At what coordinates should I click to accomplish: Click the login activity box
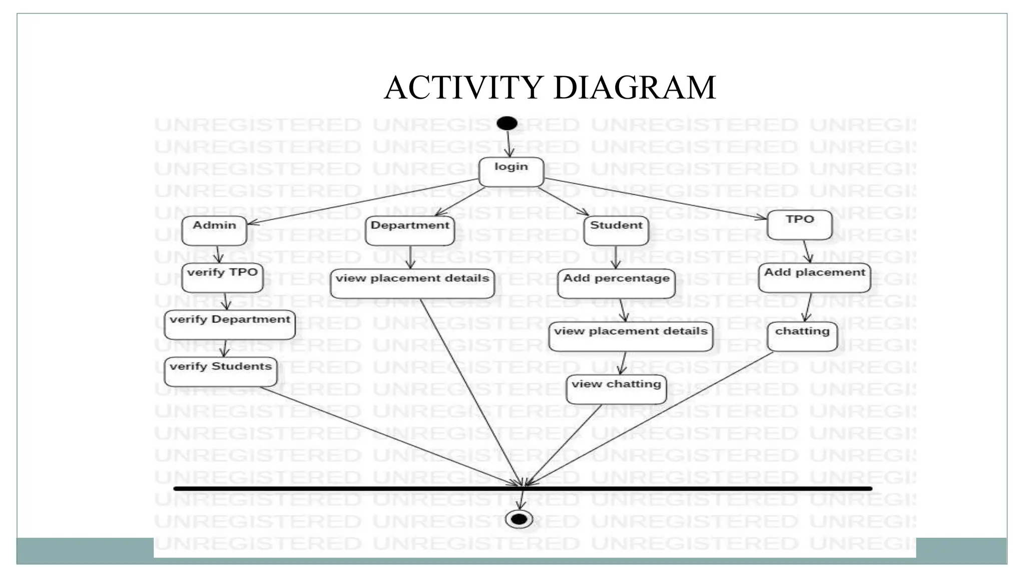(x=511, y=172)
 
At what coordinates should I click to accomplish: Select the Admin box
(x=214, y=230)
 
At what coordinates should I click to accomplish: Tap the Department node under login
(x=410, y=230)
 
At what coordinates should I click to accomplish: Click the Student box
(x=616, y=230)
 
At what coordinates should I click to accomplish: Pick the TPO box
(x=799, y=224)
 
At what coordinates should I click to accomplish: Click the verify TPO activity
(x=222, y=277)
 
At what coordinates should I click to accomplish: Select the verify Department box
(x=230, y=325)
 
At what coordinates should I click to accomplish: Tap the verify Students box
(x=220, y=372)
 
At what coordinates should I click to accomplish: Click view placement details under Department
(x=412, y=283)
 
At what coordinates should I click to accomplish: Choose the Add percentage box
(x=616, y=283)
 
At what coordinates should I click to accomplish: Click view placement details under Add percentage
(x=631, y=336)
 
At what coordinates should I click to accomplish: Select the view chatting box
(x=616, y=389)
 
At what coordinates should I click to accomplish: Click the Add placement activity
(x=814, y=277)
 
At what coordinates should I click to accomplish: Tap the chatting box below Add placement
(x=802, y=336)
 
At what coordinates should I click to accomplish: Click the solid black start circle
(x=507, y=123)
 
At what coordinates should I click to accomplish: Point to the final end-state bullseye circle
(x=519, y=519)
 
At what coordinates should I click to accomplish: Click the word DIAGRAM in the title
(x=634, y=88)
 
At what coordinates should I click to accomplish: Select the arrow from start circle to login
(x=508, y=144)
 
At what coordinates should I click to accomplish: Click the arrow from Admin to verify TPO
(x=218, y=254)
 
